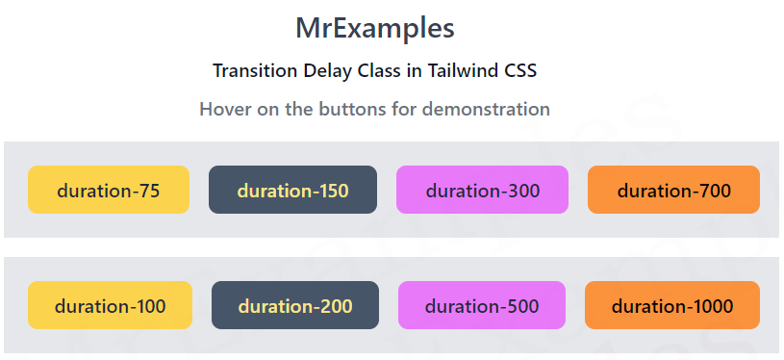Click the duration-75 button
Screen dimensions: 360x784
(x=108, y=190)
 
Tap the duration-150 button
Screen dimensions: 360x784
(x=292, y=190)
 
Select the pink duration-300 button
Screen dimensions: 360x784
(x=482, y=190)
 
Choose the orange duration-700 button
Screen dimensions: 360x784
(x=673, y=190)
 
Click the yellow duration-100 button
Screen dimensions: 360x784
(x=110, y=306)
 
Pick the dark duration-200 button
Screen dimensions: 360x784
(x=294, y=306)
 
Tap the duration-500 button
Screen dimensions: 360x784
(x=481, y=306)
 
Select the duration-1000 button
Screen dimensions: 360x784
(x=671, y=306)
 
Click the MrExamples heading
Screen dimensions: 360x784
(x=374, y=28)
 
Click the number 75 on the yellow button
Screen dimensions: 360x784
(x=148, y=190)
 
